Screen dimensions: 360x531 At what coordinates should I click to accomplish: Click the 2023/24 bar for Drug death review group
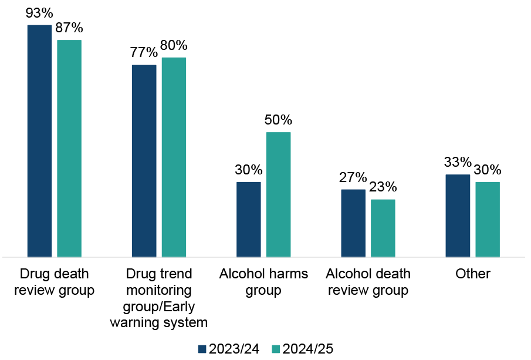pyautogui.click(x=39, y=141)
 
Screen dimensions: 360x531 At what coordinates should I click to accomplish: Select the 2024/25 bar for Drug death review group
pyautogui.click(x=69, y=149)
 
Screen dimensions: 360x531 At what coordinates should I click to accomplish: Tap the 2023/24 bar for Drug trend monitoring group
pyautogui.click(x=144, y=161)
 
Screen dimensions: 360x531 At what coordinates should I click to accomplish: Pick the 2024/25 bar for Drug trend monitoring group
pyautogui.click(x=174, y=157)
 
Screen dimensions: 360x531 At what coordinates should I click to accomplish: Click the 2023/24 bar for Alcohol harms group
pyautogui.click(x=248, y=220)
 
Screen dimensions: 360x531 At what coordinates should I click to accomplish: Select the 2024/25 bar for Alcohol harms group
pyautogui.click(x=279, y=194)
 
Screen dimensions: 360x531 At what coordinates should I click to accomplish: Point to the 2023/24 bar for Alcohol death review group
pyautogui.click(x=353, y=223)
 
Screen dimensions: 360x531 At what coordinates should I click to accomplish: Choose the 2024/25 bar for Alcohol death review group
pyautogui.click(x=383, y=228)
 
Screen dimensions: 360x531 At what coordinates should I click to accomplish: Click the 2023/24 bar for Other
pyautogui.click(x=458, y=216)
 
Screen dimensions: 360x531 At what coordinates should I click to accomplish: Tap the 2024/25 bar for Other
pyautogui.click(x=488, y=220)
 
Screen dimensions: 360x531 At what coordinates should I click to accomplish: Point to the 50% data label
pyautogui.click(x=278, y=120)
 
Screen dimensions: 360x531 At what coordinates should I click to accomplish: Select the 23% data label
pyautogui.click(x=383, y=188)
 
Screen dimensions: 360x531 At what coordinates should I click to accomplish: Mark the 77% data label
pyautogui.click(x=144, y=53)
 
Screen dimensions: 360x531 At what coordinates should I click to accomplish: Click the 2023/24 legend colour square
pyautogui.click(x=202, y=349)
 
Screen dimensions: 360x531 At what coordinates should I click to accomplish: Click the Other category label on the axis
pyautogui.click(x=473, y=274)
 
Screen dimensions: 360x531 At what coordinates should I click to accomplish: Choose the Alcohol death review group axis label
pyautogui.click(x=368, y=282)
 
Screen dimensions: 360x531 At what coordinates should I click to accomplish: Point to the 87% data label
pyautogui.click(x=69, y=28)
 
